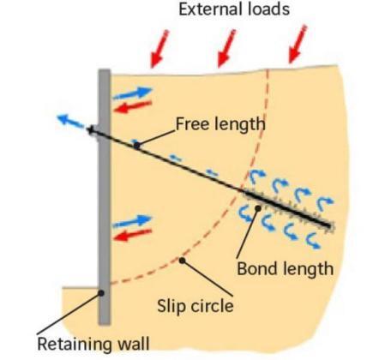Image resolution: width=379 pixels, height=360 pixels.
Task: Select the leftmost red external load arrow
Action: click(159, 50)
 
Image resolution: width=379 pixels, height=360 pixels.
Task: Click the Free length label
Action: click(220, 123)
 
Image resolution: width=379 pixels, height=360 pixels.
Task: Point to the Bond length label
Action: click(284, 268)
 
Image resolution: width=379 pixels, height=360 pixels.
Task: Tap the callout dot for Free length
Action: click(135, 144)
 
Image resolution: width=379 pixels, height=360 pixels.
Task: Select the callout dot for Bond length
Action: click(256, 208)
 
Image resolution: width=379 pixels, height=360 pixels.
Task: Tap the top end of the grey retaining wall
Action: click(103, 71)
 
